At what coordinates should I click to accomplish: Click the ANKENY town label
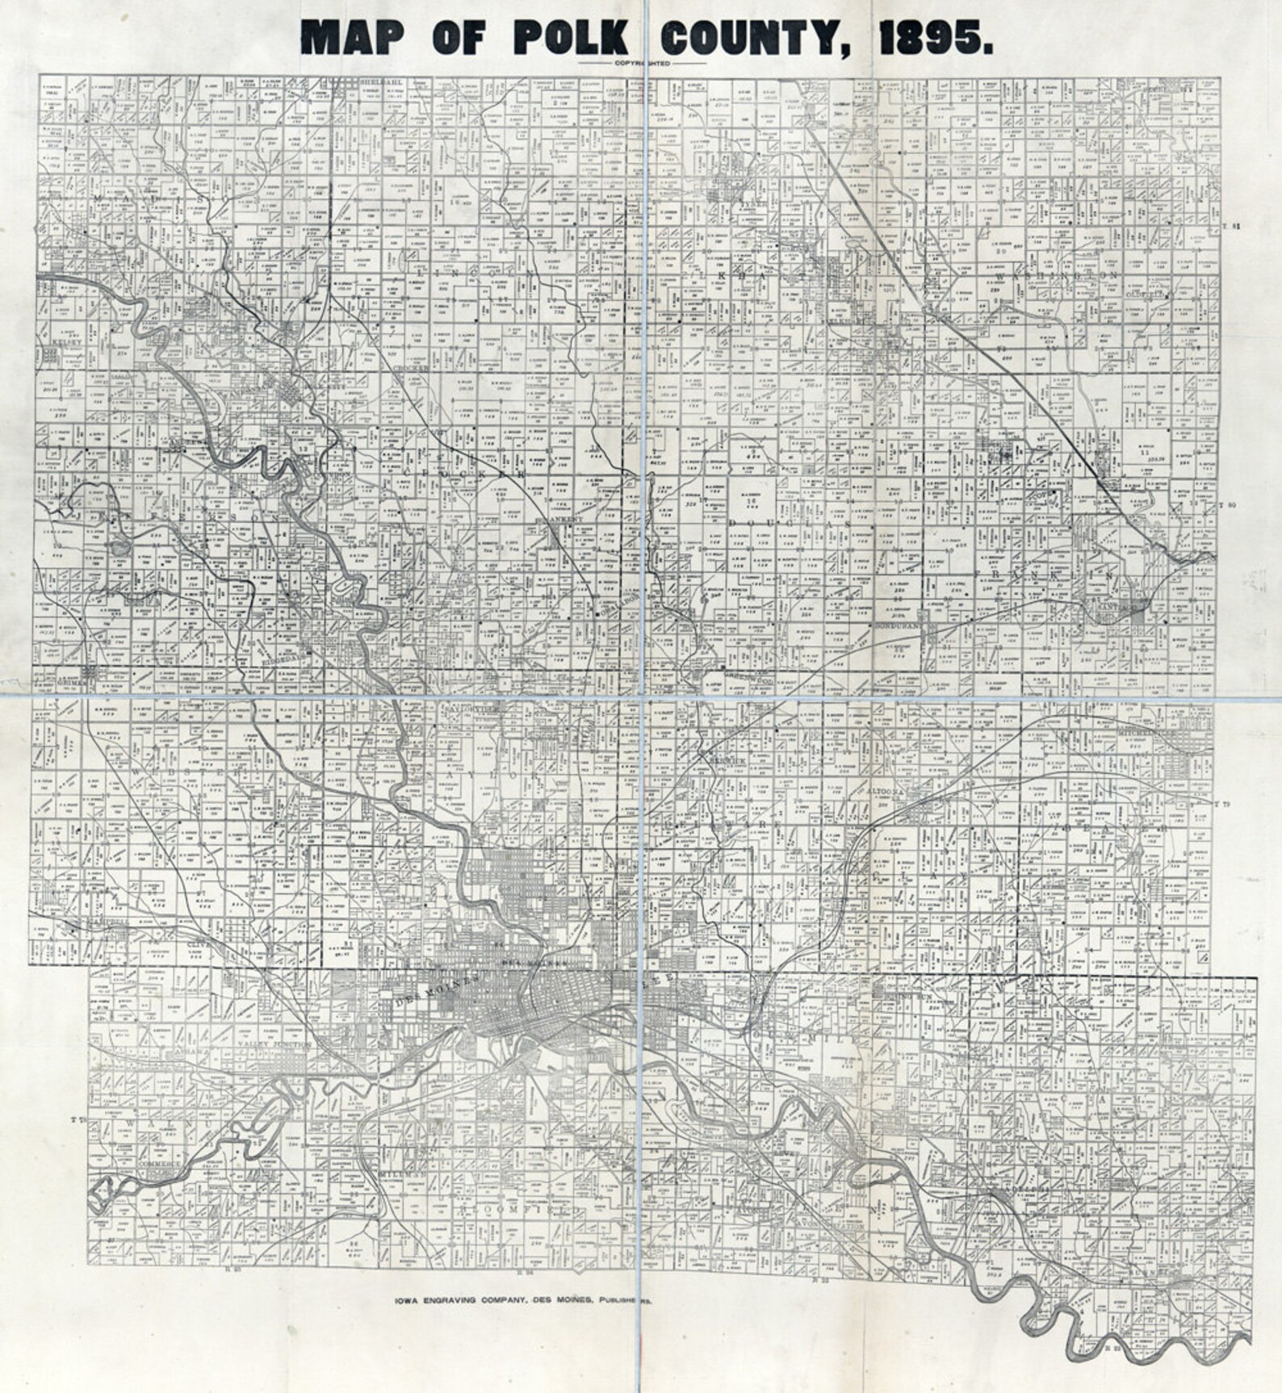tap(558, 521)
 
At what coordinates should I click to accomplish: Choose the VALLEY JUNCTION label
tap(274, 1044)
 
